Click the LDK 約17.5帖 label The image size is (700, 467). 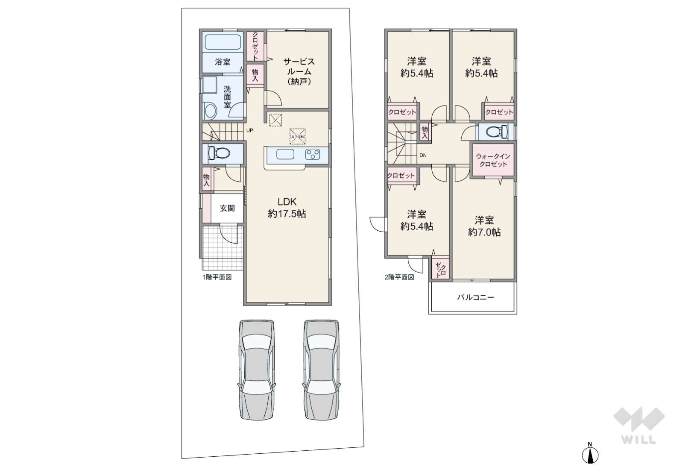(287, 208)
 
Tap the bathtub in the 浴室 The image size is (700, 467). (223, 42)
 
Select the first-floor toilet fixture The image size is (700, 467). (219, 153)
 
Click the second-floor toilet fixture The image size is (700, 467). (495, 131)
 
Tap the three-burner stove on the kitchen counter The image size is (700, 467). (313, 154)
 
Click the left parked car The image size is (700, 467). (256, 370)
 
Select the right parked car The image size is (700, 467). (321, 370)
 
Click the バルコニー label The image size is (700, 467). (475, 297)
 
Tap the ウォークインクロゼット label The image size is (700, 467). (493, 160)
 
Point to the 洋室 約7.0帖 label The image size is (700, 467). (484, 226)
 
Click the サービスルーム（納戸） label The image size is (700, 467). (299, 71)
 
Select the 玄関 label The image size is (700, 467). (227, 209)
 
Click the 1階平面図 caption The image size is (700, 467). (217, 277)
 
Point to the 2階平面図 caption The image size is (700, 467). (399, 277)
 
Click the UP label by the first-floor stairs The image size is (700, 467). (249, 130)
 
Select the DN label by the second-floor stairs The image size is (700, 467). (422, 155)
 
